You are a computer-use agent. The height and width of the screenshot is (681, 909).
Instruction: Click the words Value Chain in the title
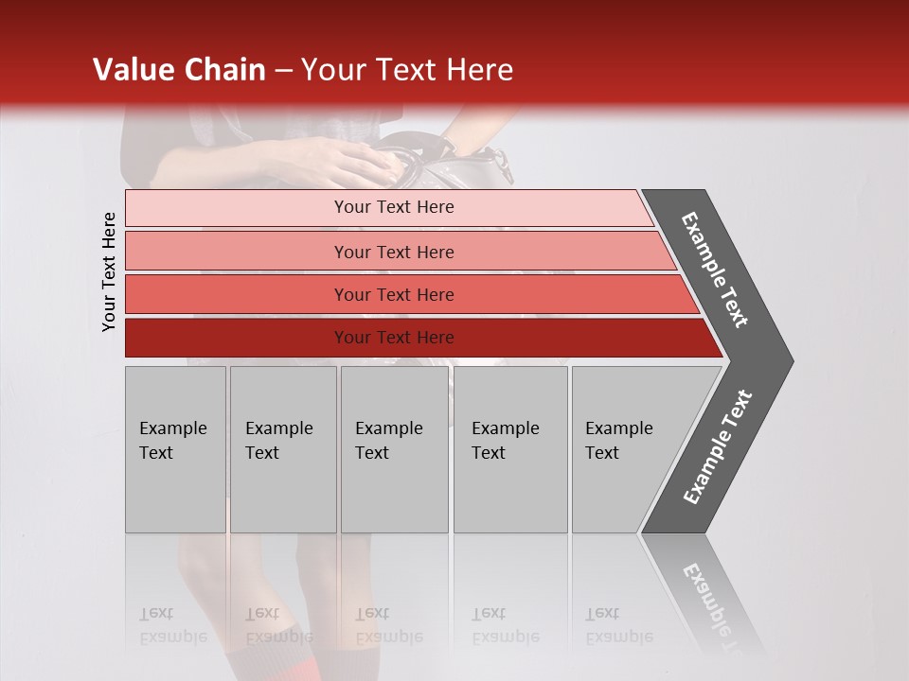179,70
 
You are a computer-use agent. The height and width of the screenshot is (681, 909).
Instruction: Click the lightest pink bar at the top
237,207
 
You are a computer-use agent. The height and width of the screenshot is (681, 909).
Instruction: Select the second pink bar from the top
237,252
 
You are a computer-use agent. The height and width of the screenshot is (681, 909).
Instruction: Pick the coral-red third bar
237,294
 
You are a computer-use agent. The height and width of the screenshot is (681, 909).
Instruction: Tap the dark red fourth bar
237,338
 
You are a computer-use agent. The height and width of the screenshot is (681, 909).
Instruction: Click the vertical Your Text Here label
109,271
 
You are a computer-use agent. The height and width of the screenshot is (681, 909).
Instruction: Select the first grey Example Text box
175,449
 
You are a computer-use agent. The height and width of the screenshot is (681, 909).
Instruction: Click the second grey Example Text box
283,449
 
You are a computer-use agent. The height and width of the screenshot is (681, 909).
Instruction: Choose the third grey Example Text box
394,449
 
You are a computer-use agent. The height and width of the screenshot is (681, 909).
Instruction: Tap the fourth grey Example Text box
510,449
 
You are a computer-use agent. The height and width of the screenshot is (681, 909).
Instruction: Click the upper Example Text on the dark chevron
715,270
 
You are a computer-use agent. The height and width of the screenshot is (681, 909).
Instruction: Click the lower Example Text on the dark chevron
718,447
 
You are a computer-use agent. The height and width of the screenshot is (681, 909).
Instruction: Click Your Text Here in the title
407,70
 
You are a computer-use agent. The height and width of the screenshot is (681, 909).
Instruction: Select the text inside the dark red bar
394,338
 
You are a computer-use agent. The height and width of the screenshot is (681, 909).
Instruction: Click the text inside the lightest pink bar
394,207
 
